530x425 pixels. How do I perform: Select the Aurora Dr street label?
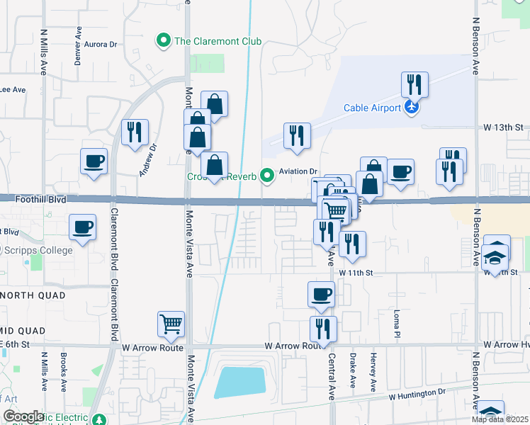(x=101, y=44)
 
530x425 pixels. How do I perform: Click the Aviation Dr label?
(x=298, y=171)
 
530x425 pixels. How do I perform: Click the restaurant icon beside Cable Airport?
(x=414, y=85)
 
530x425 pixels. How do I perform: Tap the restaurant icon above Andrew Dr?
(x=134, y=132)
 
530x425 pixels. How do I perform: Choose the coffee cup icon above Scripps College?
(x=82, y=227)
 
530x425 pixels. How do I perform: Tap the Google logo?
(x=23, y=416)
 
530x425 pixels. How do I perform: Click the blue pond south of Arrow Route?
(x=241, y=382)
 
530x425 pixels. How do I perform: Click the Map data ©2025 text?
(x=500, y=419)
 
